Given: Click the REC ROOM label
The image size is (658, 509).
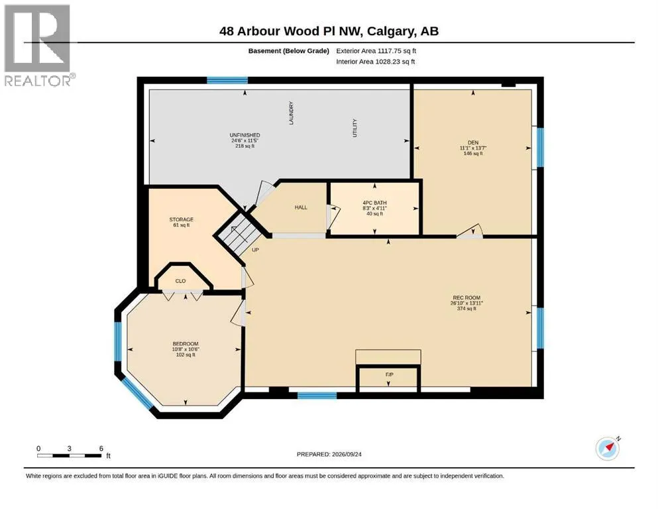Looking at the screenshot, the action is click(x=466, y=298).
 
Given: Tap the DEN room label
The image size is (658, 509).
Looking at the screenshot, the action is click(x=473, y=142).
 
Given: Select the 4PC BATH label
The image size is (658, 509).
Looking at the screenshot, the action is click(x=375, y=203).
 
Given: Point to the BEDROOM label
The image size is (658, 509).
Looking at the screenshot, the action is click(x=186, y=344).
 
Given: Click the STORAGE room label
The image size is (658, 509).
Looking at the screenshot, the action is click(x=182, y=219).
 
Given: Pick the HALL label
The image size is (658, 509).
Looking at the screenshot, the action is click(x=301, y=207).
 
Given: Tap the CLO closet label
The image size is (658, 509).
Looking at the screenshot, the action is click(x=180, y=281).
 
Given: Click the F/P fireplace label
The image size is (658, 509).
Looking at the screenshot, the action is click(x=390, y=374).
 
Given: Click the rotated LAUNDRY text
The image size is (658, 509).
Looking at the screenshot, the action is click(x=292, y=113).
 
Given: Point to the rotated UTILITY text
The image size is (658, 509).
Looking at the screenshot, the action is click(x=355, y=128).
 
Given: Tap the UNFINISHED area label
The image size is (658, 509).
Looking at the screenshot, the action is click(x=245, y=135).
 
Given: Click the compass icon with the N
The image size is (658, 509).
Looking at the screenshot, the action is click(x=608, y=448).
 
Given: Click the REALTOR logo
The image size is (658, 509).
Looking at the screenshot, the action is click(x=38, y=45).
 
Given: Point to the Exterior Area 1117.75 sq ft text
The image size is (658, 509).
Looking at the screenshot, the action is click(x=376, y=51).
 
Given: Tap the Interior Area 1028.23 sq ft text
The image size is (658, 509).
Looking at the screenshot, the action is click(x=376, y=62).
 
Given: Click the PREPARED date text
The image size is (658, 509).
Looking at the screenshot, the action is click(x=329, y=454).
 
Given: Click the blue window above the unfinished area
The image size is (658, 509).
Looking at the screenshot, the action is click(x=227, y=80).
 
